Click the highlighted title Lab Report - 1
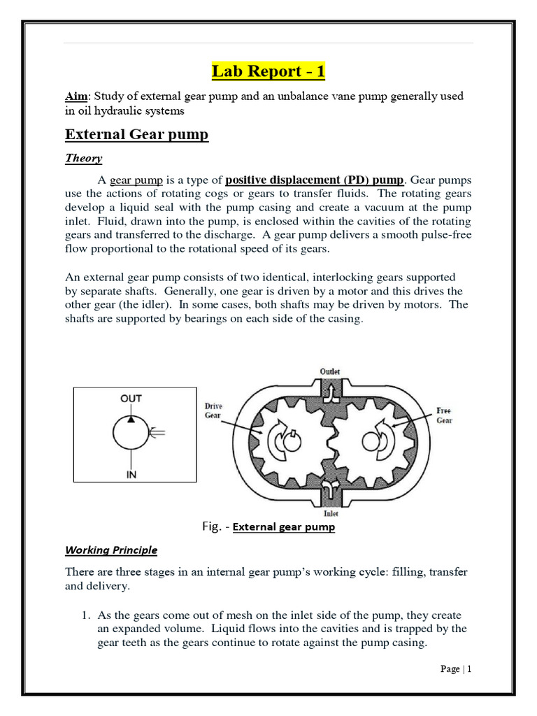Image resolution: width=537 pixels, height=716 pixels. click(268, 71)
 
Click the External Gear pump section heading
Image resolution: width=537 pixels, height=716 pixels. click(136, 134)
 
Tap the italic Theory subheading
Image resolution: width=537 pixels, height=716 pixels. click(83, 158)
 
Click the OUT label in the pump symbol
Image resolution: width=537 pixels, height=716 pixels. click(131, 398)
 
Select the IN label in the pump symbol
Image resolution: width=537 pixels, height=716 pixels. click(131, 475)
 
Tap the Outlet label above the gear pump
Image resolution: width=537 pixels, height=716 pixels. click(330, 371)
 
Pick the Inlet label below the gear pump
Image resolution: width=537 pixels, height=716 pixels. click(329, 513)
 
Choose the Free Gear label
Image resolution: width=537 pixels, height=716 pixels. click(443, 415)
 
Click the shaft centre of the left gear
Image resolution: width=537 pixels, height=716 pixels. click(288, 441)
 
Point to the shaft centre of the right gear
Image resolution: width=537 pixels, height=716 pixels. click(370, 440)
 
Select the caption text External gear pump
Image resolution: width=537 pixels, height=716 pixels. click(284, 527)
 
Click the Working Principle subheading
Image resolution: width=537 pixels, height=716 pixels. click(111, 550)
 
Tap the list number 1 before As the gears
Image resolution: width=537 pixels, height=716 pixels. click(86, 615)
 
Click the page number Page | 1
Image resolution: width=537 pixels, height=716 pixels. click(456, 669)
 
